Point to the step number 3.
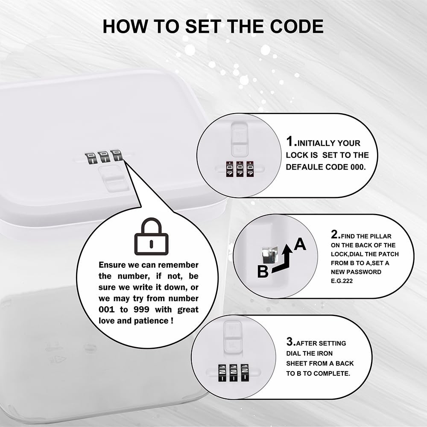point(291,342)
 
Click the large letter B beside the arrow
point(263,272)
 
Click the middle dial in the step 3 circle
point(233,373)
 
